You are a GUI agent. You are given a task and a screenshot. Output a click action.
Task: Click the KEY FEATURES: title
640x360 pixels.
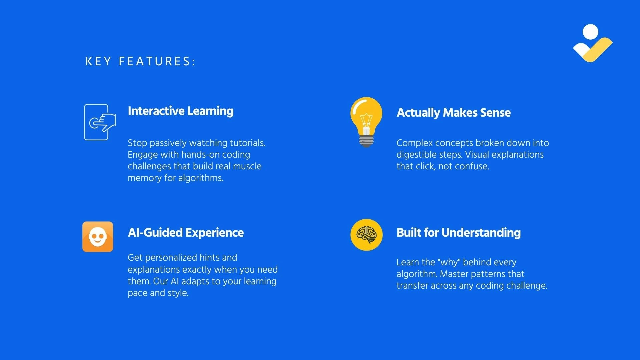(x=140, y=61)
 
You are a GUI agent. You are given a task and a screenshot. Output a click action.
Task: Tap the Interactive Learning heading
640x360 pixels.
(x=180, y=111)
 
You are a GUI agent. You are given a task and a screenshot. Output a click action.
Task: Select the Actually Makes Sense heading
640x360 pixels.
(x=453, y=113)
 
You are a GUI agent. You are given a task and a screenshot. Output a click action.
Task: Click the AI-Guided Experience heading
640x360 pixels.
(x=186, y=232)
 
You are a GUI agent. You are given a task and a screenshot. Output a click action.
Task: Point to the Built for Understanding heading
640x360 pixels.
(x=458, y=232)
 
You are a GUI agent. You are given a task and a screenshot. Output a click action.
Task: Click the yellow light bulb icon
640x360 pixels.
(x=366, y=122)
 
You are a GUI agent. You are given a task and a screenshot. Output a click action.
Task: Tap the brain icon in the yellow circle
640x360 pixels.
(x=366, y=235)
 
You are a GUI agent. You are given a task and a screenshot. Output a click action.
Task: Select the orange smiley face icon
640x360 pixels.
(x=98, y=237)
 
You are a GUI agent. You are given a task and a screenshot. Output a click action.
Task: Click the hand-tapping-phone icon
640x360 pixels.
(x=100, y=122)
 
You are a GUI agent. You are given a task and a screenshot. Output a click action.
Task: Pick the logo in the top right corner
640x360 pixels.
(x=593, y=43)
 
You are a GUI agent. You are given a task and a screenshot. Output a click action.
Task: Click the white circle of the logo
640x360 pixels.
(x=591, y=32)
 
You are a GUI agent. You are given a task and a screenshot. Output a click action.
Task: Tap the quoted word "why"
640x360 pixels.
(x=449, y=262)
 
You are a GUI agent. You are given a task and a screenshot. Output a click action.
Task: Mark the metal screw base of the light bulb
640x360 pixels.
(x=366, y=141)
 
